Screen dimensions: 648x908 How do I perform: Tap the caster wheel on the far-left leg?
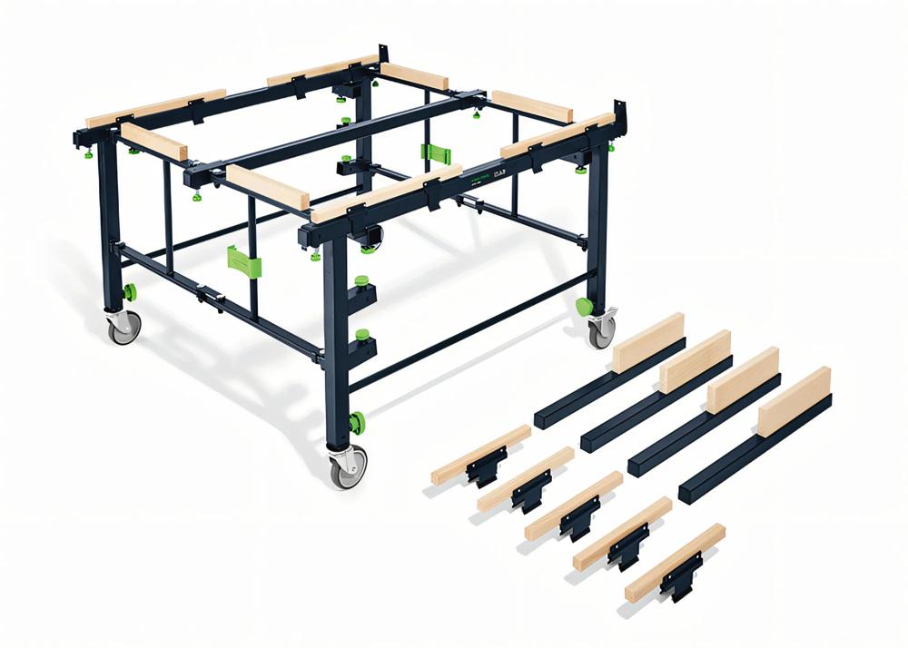tap(125, 326)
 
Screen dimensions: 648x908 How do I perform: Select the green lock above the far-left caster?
tap(129, 292)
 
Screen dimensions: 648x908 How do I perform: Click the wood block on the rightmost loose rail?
tap(794, 400)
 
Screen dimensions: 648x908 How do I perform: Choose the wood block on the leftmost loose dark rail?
tap(648, 341)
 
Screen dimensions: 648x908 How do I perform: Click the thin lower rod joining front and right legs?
tap(472, 337)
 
